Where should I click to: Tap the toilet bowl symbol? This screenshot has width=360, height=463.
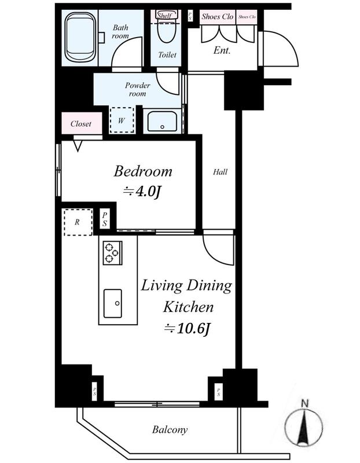167,31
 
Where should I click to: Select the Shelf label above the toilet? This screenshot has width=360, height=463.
165,16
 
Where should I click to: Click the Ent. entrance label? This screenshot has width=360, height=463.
222,50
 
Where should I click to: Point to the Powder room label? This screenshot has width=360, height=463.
137,90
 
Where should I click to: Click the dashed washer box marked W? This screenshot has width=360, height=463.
122,120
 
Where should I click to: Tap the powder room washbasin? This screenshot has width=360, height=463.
162,121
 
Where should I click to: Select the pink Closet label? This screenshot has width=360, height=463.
81,123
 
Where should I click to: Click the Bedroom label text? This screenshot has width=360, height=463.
143,171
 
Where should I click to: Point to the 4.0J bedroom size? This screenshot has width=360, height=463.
142,192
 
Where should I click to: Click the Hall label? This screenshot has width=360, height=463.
221,172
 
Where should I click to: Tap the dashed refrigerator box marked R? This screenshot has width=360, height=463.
78,222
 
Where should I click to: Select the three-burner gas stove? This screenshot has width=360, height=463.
112,253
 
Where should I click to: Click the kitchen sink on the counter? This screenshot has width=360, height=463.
112,303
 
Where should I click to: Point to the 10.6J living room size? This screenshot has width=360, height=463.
187,328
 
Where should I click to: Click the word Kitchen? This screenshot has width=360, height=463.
188,307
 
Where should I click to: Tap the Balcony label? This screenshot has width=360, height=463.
170,429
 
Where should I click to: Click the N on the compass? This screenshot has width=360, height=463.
304,403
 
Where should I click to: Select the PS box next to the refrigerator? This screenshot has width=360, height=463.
105,219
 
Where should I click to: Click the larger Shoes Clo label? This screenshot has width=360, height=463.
218,17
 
